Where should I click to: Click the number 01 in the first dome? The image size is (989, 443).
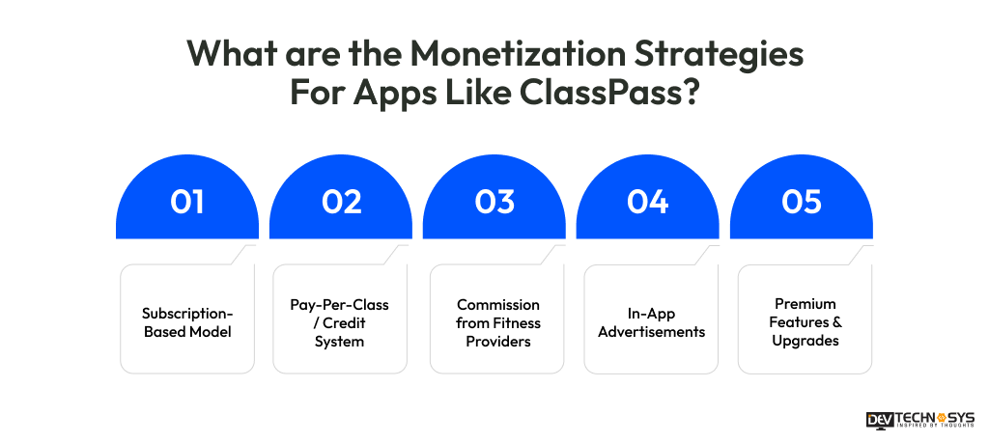[187, 202]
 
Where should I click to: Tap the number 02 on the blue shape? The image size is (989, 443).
[341, 202]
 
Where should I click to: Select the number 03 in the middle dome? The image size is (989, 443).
[494, 202]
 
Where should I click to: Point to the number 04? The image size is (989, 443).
[648, 202]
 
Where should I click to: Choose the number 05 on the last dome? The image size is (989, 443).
[802, 202]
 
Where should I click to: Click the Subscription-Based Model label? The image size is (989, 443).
[187, 322]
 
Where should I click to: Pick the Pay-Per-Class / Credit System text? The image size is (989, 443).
[340, 322]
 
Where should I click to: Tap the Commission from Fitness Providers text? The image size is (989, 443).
[497, 322]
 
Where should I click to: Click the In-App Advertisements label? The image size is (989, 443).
[651, 322]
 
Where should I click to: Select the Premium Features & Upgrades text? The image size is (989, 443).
[805, 322]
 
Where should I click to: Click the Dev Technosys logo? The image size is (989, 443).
[921, 420]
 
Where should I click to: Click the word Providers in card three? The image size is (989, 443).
[497, 341]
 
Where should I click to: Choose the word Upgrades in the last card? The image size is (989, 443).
[805, 341]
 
